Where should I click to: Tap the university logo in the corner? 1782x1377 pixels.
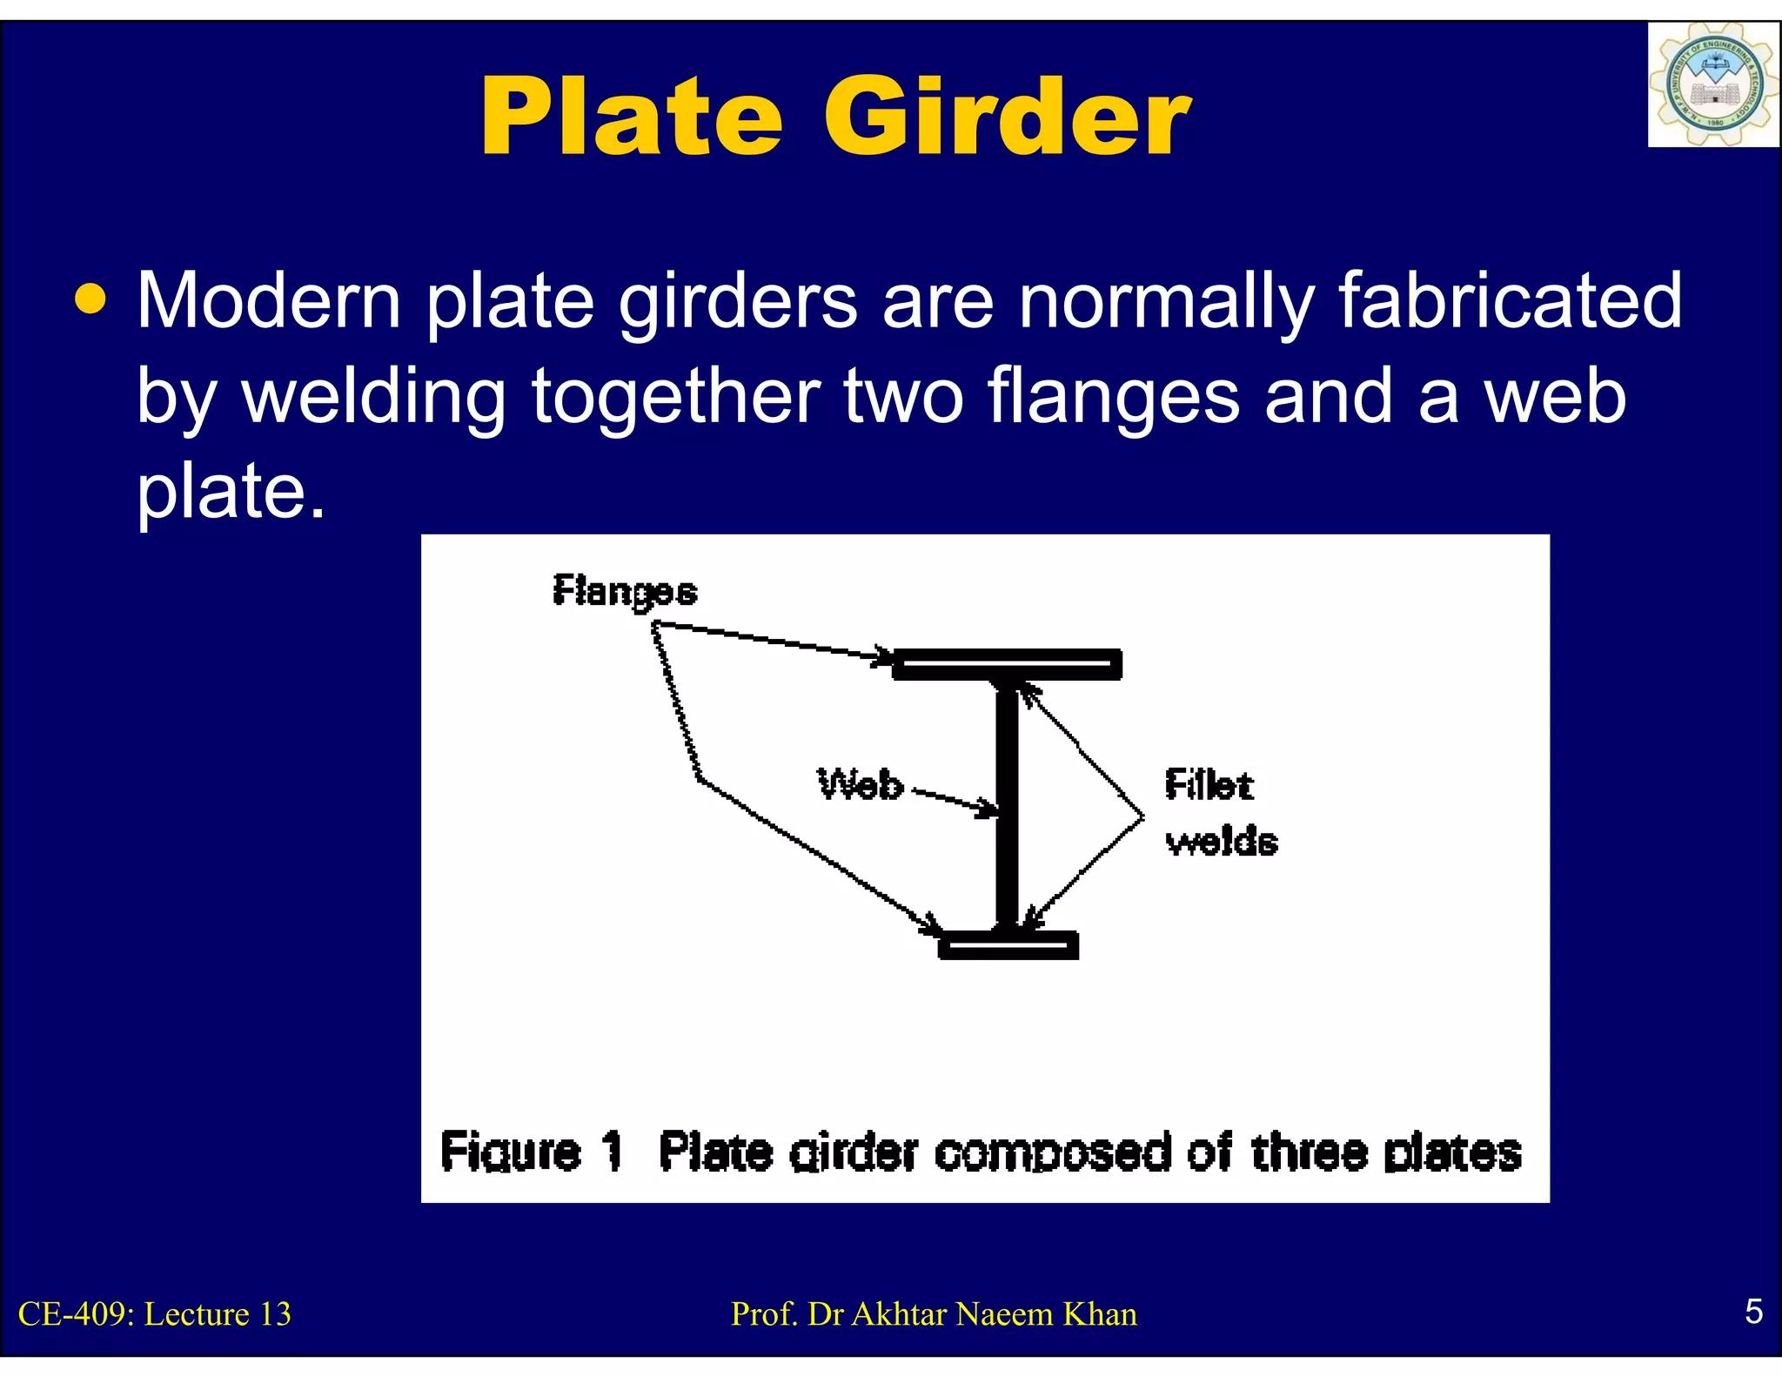(1712, 85)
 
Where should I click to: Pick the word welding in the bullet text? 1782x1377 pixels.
(373, 396)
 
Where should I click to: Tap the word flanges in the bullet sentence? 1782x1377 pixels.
(1114, 396)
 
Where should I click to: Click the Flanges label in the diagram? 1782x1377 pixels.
(625, 592)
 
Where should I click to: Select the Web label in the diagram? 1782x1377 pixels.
(861, 784)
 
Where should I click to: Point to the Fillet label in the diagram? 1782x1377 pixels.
(1209, 785)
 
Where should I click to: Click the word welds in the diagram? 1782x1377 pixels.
(1222, 842)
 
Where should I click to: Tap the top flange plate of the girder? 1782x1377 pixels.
(1007, 664)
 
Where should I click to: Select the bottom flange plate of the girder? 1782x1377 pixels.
(1008, 945)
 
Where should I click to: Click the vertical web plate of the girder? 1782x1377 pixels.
(1007, 805)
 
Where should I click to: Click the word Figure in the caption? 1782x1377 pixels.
(511, 1152)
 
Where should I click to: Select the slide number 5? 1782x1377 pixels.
(1753, 1311)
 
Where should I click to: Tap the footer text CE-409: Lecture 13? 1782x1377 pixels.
(155, 1313)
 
